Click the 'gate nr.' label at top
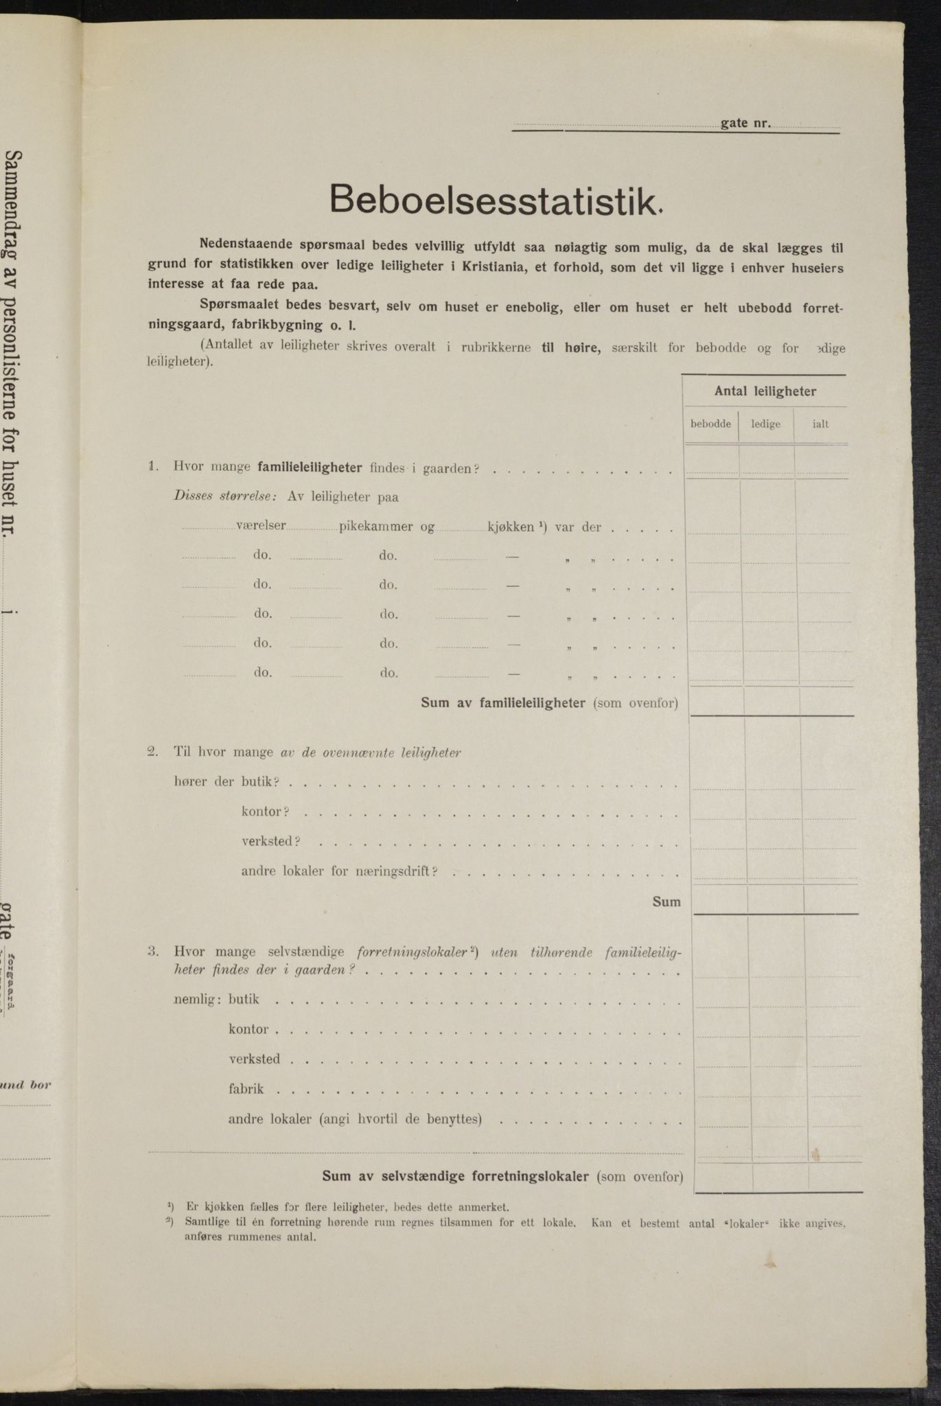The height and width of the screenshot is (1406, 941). tap(745, 124)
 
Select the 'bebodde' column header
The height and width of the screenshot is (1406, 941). tap(710, 424)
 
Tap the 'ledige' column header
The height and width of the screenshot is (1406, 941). tap(765, 424)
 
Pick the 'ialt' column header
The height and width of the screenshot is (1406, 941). tap(820, 424)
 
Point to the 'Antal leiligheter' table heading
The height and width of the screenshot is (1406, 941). tap(765, 391)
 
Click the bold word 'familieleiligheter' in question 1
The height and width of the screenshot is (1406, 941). tap(310, 468)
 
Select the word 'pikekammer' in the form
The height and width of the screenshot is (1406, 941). tap(375, 527)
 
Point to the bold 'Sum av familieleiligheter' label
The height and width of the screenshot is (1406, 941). tap(502, 702)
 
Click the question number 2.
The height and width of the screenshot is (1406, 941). tap(152, 752)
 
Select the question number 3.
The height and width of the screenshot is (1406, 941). tap(152, 952)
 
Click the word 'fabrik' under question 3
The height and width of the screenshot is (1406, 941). tap(246, 1089)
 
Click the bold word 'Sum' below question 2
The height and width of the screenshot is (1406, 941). tap(666, 901)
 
